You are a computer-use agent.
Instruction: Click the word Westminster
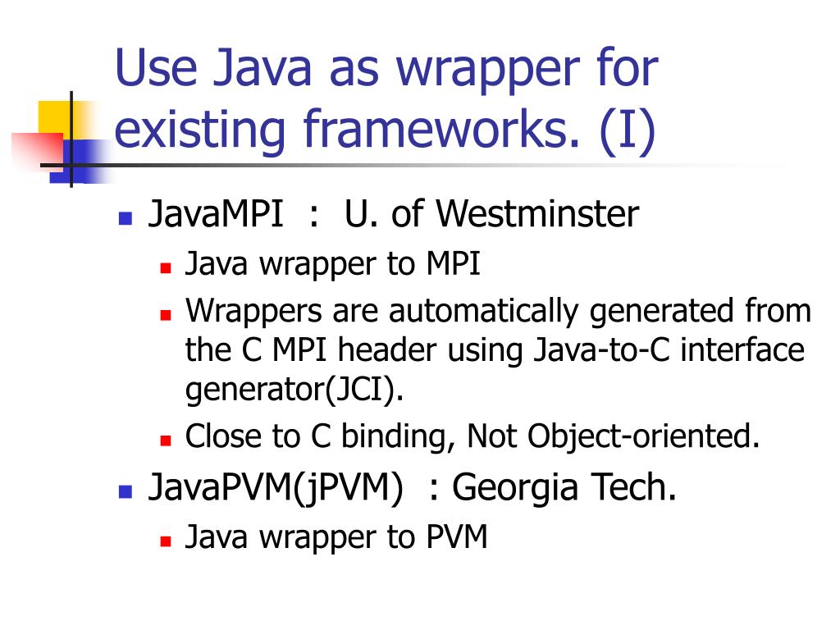click(536, 215)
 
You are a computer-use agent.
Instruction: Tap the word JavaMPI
click(216, 215)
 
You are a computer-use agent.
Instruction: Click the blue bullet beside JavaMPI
click(126, 218)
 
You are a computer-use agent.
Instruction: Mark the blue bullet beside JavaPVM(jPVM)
click(126, 492)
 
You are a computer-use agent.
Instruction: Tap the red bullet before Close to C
click(165, 440)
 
